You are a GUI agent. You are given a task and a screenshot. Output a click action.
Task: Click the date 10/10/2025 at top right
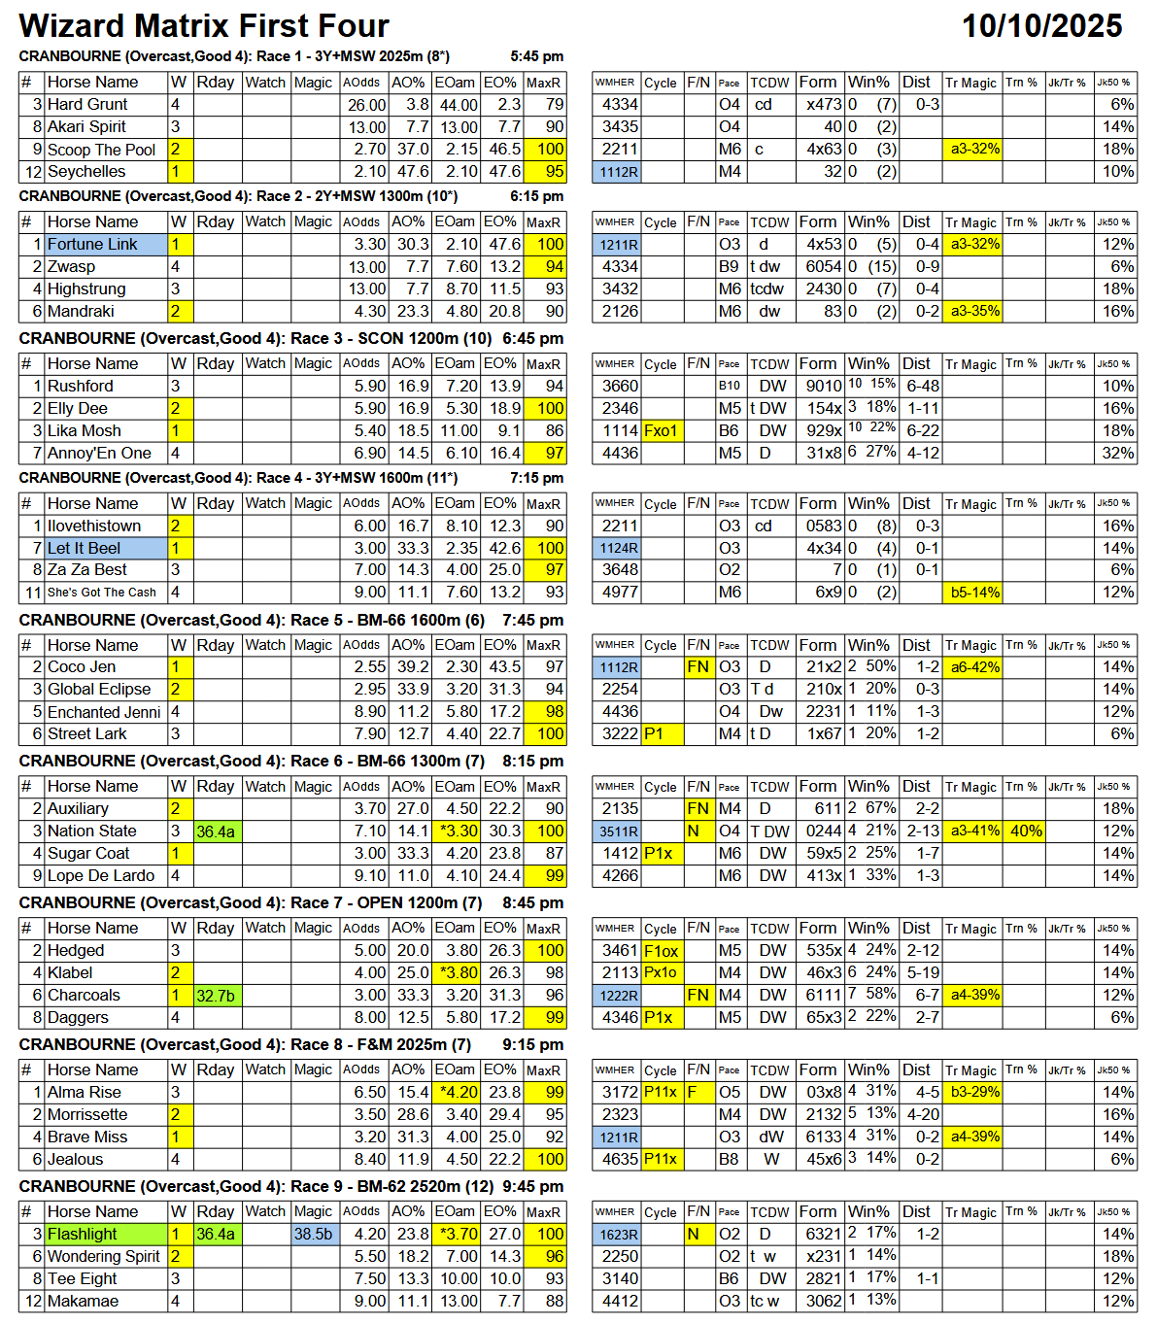pyautogui.click(x=1041, y=26)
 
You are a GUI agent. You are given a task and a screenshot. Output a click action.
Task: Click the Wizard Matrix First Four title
pyautogui.click(x=204, y=26)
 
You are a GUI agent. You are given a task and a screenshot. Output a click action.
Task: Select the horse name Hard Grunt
pyautogui.click(x=87, y=105)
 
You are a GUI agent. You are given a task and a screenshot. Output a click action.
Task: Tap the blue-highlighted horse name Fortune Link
pyautogui.click(x=92, y=245)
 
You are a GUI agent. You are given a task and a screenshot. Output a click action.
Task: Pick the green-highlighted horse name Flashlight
pyautogui.click(x=83, y=1235)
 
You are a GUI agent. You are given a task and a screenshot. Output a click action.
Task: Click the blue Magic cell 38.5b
pyautogui.click(x=314, y=1235)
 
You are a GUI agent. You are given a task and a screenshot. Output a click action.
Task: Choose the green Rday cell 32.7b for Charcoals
pyautogui.click(x=215, y=996)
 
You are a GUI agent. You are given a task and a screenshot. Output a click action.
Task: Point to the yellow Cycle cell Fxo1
pyautogui.click(x=662, y=431)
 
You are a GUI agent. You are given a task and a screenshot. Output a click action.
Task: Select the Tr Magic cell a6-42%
pyautogui.click(x=975, y=667)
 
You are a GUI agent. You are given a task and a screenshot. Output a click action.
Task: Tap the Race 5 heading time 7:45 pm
pyautogui.click(x=532, y=621)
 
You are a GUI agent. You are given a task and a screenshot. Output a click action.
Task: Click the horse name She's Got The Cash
pyautogui.click(x=101, y=593)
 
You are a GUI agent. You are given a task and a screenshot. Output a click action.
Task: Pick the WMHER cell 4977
pyautogui.click(x=620, y=593)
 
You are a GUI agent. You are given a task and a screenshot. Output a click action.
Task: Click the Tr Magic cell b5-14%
pyautogui.click(x=975, y=593)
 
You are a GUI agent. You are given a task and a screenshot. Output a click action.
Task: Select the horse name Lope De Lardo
pyautogui.click(x=101, y=876)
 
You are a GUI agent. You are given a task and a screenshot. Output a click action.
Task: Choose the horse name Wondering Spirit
pyautogui.click(x=103, y=1257)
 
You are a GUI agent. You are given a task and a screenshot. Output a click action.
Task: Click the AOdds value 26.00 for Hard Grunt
pyautogui.click(x=367, y=105)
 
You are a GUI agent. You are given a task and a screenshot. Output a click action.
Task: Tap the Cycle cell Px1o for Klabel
pyautogui.click(x=661, y=973)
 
